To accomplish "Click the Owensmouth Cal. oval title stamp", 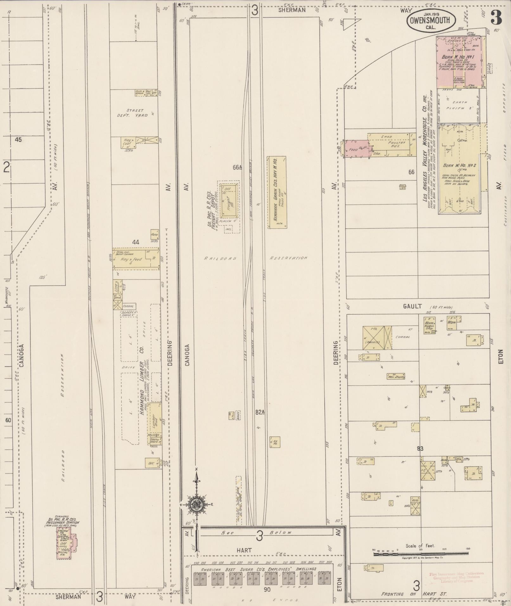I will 431,21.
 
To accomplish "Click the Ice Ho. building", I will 275,442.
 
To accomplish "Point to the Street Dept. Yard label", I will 135,113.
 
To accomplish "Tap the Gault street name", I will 412,306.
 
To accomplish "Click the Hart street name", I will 244,550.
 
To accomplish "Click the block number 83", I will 420,448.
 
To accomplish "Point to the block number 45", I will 18,139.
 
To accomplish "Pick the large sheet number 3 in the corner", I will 496,18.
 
